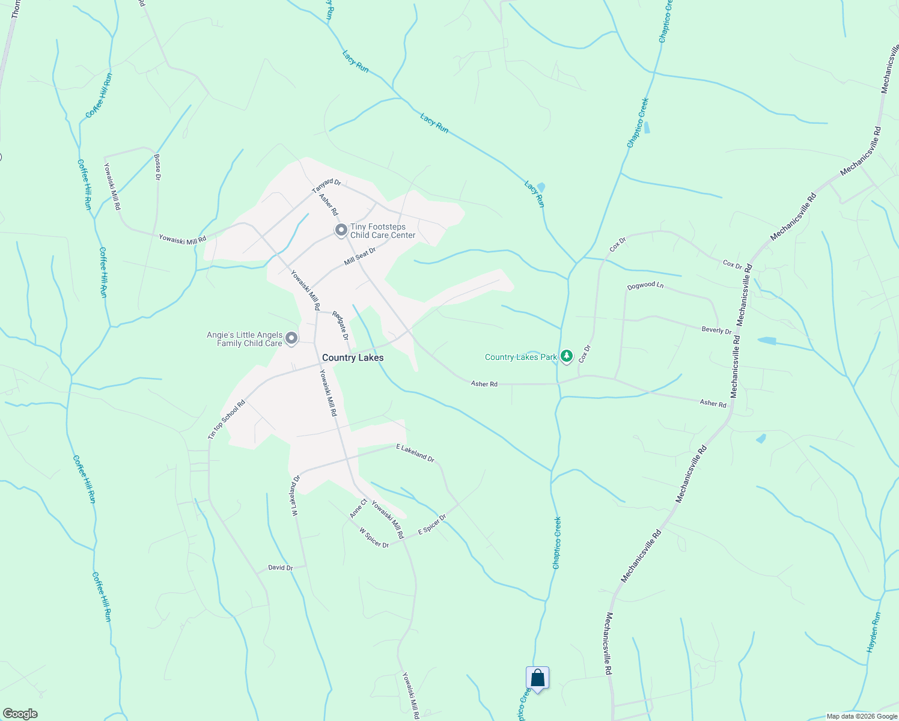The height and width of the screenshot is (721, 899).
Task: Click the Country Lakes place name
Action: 353,357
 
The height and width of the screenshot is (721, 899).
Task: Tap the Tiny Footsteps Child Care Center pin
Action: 341,230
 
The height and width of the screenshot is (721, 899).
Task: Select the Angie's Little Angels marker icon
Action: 291,339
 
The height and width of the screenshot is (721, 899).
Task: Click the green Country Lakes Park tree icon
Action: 566,356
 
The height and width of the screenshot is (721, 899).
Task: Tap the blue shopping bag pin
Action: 538,678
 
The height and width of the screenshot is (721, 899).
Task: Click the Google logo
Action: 20,714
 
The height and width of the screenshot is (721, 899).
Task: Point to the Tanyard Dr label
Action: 326,186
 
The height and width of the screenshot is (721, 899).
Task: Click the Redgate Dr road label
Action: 340,326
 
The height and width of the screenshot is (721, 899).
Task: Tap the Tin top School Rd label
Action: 227,420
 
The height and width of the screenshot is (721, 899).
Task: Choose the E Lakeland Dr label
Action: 415,452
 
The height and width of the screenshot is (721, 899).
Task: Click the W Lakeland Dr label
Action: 296,496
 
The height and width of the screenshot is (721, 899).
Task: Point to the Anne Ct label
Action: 358,508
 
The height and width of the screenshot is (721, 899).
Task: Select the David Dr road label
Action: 280,568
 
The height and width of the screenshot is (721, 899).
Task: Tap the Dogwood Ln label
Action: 645,285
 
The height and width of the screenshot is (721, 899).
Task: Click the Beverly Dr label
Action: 716,330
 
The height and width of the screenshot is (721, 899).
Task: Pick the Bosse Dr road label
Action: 157,167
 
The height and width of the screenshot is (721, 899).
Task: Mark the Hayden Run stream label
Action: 874,633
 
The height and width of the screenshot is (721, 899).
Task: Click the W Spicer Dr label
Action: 374,538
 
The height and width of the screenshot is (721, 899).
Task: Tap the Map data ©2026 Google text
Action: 861,716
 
